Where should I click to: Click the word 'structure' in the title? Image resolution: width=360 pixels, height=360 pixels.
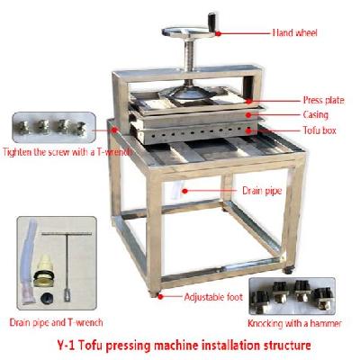point(286,344)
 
